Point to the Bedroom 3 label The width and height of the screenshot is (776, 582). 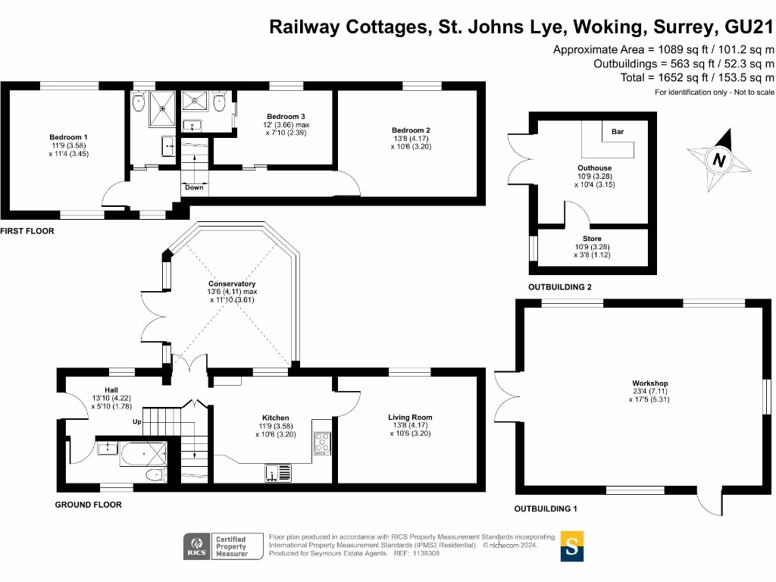(286, 117)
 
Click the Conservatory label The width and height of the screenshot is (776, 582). (232, 283)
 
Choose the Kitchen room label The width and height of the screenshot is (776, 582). (275, 418)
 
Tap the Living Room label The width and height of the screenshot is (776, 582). (410, 418)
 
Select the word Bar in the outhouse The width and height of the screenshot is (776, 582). (617, 132)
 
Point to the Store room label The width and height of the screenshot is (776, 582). (592, 239)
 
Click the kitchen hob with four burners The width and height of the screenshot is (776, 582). (322, 442)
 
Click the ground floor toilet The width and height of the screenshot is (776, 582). (155, 475)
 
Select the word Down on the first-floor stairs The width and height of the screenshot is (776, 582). (194, 187)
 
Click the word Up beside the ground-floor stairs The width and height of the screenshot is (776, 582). (137, 421)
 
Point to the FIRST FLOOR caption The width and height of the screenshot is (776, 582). (27, 230)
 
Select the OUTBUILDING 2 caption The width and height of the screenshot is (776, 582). (559, 287)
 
